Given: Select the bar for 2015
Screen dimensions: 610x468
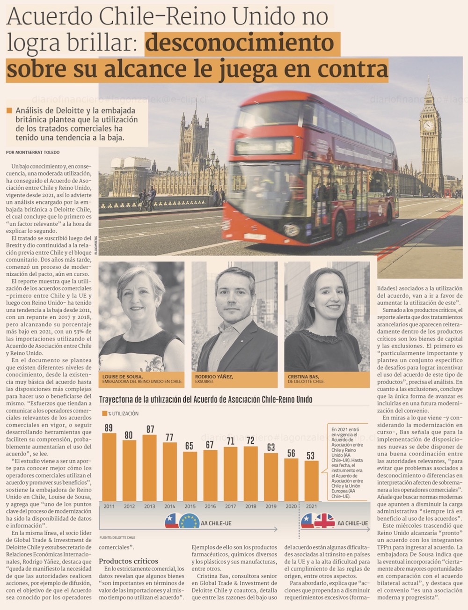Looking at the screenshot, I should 190,476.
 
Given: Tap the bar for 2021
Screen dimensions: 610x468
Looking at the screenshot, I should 311,481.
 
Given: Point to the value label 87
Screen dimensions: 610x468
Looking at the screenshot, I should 150,429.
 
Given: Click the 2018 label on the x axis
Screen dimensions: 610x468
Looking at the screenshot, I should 250,506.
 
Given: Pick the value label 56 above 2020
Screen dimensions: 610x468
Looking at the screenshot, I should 291,453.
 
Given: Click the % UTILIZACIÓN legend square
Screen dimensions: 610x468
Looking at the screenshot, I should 104,413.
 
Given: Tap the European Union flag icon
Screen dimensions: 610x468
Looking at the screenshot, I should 189,521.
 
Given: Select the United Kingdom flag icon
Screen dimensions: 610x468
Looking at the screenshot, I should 324,521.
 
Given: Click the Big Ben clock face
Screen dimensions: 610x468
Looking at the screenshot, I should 428,125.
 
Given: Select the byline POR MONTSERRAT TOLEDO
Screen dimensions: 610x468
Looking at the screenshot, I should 33,153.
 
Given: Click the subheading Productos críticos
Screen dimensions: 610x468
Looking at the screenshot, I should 128,561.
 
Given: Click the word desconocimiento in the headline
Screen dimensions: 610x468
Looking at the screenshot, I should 239,43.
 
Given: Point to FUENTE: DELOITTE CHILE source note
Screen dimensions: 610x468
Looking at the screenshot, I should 117,537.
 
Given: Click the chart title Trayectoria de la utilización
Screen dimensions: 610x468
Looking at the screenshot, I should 205,399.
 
